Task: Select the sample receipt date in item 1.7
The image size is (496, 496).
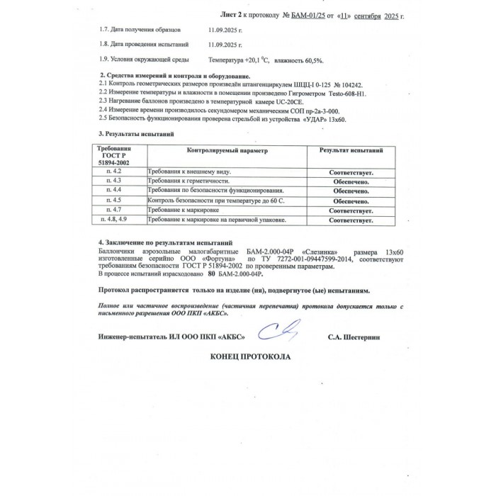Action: pos(225,30)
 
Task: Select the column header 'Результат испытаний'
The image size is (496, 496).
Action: pos(351,151)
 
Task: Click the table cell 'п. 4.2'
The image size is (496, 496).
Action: pos(113,172)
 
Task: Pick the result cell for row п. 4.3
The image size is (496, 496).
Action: pos(351,182)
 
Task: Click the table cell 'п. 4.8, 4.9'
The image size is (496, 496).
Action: pos(113,220)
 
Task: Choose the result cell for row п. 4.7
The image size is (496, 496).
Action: pos(351,211)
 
